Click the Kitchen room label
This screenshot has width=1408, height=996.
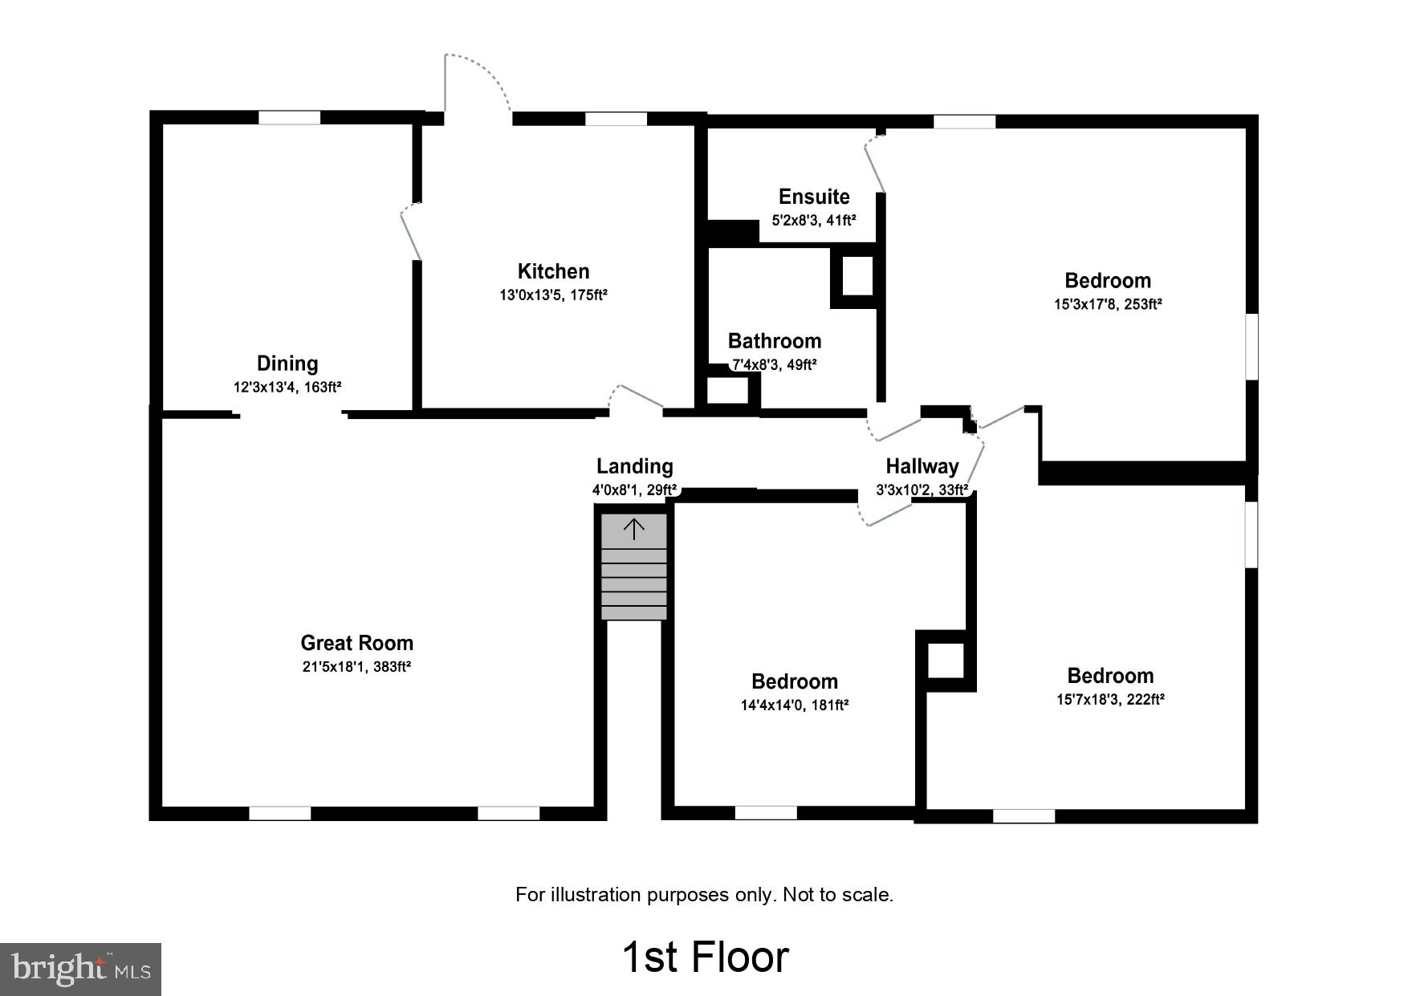click(x=553, y=271)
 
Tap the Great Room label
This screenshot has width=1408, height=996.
click(x=356, y=643)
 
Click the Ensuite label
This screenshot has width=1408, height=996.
click(x=814, y=197)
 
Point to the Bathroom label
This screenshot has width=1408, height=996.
click(x=774, y=341)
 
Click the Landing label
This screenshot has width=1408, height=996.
click(x=634, y=466)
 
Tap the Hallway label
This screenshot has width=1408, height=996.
click(x=922, y=466)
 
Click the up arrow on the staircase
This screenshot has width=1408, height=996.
click(x=634, y=529)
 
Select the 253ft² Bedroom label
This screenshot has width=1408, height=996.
click(x=1107, y=281)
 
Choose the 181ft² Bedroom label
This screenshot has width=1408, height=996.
click(x=794, y=681)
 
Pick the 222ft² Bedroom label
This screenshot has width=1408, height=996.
click(x=1110, y=676)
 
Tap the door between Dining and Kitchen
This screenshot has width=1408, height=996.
click(x=411, y=232)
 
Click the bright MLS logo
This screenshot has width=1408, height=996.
click(x=81, y=969)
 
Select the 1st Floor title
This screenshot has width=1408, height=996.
click(x=705, y=957)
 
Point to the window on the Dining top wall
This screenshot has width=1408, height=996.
click(x=289, y=118)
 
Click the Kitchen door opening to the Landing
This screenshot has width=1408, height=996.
click(x=637, y=399)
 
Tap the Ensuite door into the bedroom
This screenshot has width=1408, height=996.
click(x=874, y=165)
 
